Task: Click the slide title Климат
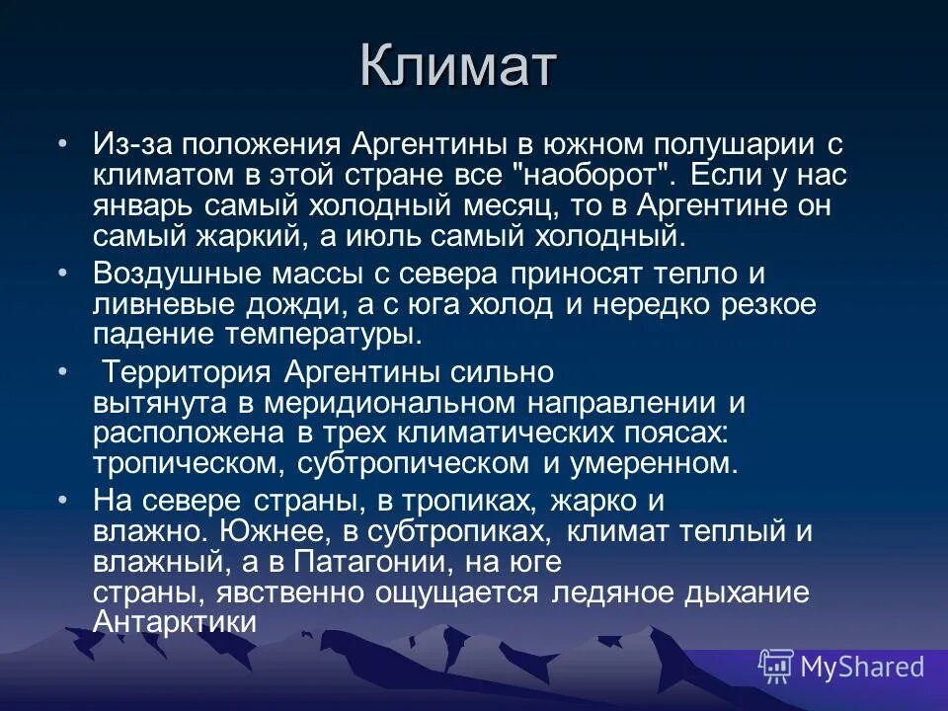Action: tap(458, 67)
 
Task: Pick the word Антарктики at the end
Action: tap(175, 623)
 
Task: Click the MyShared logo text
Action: tap(862, 667)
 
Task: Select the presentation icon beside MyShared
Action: tap(775, 667)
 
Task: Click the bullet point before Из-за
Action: tap(63, 144)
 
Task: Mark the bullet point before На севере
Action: tap(63, 500)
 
